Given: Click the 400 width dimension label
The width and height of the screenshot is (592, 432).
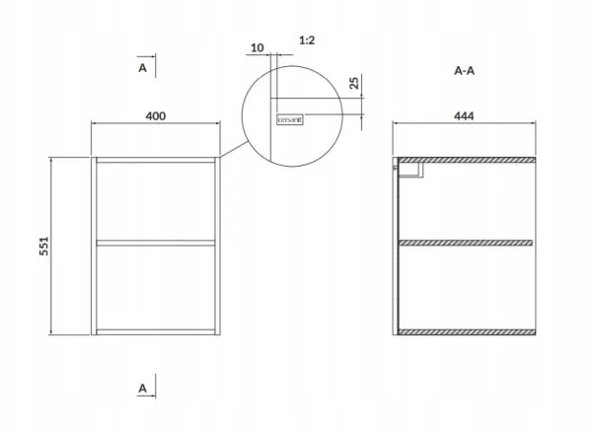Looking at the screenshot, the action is tap(156, 115).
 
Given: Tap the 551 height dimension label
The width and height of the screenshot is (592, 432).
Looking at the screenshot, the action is tap(44, 246).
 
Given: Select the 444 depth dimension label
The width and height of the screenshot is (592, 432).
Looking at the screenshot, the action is tap(464, 115).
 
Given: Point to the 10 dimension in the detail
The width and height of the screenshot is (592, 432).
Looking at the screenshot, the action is tap(258, 48).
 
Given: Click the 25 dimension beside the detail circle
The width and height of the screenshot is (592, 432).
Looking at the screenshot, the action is tap(354, 83).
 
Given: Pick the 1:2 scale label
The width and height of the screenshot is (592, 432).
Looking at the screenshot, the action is tap(307, 40).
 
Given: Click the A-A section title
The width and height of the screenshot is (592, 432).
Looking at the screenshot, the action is tap(464, 71).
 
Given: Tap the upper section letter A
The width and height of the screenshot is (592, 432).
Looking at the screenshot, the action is tap(142, 68).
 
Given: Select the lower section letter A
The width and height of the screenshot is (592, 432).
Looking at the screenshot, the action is tap(142, 389).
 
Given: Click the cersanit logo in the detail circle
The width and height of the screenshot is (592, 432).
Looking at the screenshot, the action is tap(289, 120).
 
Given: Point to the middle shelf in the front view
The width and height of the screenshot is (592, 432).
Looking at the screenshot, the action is tap(156, 243).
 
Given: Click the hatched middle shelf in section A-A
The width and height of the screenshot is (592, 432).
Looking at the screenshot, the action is tap(466, 243).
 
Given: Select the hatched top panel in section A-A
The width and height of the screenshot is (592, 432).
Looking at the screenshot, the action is tap(467, 160).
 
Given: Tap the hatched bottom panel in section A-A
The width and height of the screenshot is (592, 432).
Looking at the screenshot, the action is tap(467, 332).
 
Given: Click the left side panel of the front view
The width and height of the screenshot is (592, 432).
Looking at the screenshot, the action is tap(94, 246).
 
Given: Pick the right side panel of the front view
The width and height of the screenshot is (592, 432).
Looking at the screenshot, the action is tap(217, 246).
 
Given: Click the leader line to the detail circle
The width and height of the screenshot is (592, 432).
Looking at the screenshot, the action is tap(234, 149).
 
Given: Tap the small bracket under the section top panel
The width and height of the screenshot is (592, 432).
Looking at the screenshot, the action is tap(410, 170).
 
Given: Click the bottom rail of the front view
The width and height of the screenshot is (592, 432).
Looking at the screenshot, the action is tap(156, 332).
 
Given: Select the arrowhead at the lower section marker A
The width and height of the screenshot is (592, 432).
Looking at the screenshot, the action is tap(152, 396).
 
